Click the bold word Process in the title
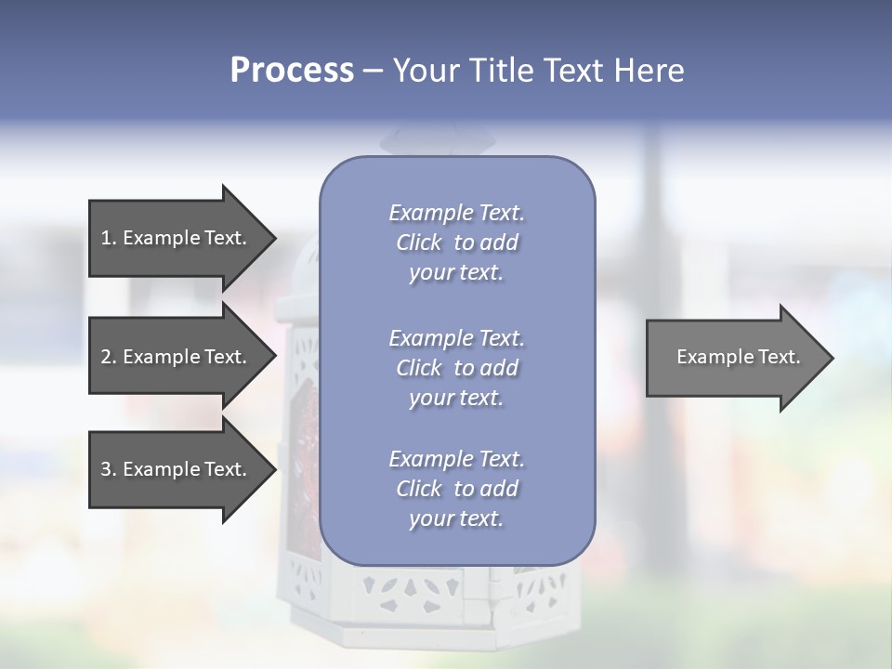click(292, 71)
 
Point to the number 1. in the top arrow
click(109, 238)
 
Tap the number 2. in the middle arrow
click(109, 357)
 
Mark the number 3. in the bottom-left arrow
click(109, 469)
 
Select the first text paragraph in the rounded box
click(457, 243)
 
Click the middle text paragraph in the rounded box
click(457, 367)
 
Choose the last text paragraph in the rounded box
click(457, 489)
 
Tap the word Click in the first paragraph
click(419, 243)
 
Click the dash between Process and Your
click(373, 71)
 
